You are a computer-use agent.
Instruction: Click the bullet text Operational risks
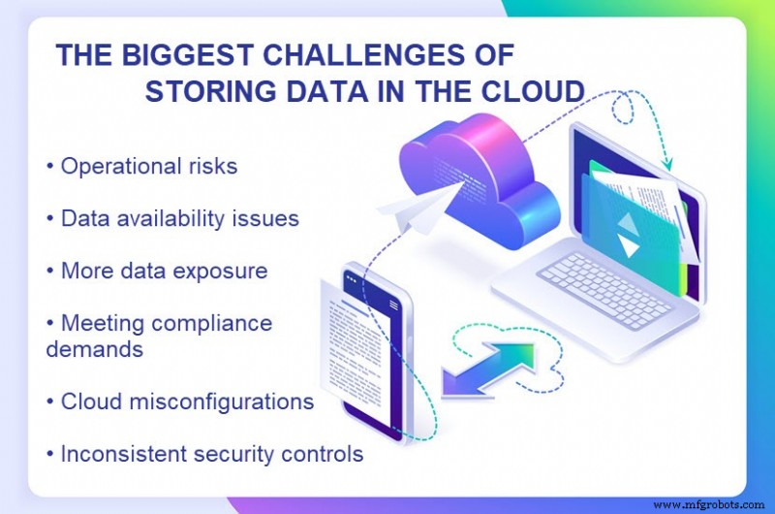147,166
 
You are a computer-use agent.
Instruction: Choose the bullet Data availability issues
178,218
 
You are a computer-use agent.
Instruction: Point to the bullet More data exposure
163,271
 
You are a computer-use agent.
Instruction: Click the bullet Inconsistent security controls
211,453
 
